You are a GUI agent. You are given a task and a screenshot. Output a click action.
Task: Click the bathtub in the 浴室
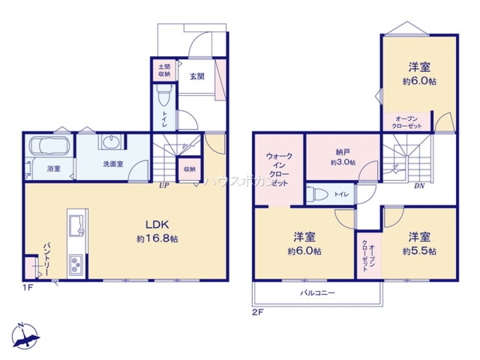click(49, 145)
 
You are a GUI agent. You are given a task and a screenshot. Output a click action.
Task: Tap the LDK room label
click(157, 224)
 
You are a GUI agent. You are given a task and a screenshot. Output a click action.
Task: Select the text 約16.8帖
click(157, 239)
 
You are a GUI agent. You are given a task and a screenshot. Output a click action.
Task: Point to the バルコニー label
click(317, 292)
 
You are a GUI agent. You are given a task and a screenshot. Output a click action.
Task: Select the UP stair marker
click(164, 185)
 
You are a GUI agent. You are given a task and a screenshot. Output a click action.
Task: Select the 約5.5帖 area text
click(420, 251)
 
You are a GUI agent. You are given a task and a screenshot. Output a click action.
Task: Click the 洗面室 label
click(113, 164)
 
